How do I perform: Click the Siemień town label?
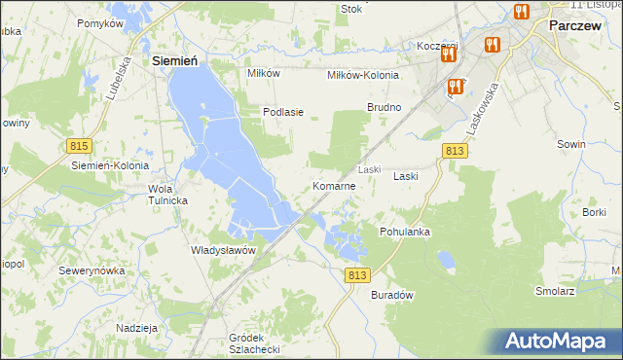pos(175,60)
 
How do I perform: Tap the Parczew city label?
pos(579,27)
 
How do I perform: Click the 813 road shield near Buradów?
pos(357,275)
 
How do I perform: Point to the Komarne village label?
pos(340,185)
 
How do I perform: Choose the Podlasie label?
pos(283,112)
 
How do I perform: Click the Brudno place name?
pos(384,106)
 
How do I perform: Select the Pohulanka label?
pos(405,233)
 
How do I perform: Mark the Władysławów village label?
pos(223,249)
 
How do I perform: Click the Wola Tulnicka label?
pos(167,194)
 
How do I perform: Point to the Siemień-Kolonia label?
pos(109,165)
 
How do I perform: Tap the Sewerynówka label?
pos(92,270)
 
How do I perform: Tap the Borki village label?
pos(594,211)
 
